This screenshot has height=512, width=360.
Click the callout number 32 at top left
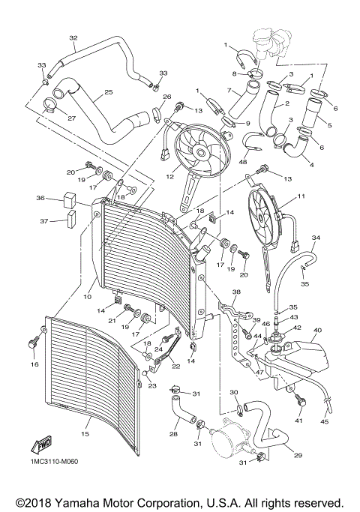(x=73, y=37)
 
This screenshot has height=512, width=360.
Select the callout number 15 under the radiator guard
(x=85, y=434)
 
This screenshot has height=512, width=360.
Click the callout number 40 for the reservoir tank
(x=317, y=330)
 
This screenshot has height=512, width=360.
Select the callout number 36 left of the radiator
(x=40, y=198)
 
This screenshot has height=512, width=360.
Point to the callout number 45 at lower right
(x=325, y=421)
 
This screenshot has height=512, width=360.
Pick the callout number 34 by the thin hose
(x=316, y=237)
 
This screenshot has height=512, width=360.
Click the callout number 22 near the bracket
(x=175, y=367)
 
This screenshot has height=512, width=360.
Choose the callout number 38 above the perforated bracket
(x=237, y=292)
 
